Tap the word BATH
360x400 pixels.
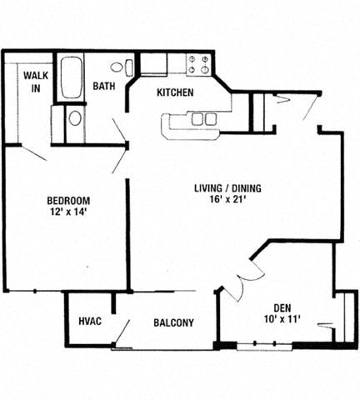(x=103, y=86)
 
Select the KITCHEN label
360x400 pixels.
(x=175, y=92)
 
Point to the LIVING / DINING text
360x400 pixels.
(x=227, y=188)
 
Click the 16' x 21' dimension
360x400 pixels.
(x=227, y=201)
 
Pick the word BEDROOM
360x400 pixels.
(x=67, y=201)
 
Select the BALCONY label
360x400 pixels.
(x=173, y=323)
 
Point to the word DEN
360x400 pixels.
(x=283, y=306)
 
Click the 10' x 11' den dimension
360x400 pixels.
(x=283, y=319)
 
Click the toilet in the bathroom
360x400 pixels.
(x=125, y=67)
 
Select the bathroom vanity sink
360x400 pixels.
(x=75, y=118)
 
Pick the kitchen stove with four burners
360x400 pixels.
(x=199, y=64)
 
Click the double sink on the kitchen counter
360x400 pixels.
(x=202, y=119)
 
